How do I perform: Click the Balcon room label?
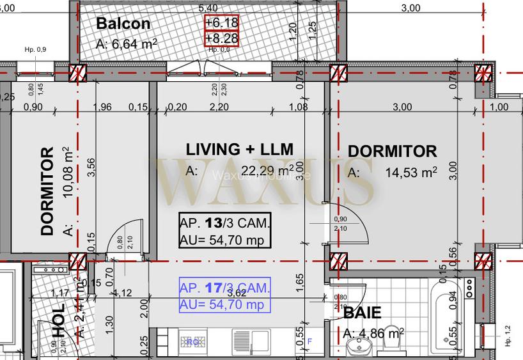tap(123, 24)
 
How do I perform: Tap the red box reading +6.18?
tap(221, 22)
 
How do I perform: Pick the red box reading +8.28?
tap(221, 39)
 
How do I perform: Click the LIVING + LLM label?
tap(239, 150)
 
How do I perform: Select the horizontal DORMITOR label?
tap(392, 152)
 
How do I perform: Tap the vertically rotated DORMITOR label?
tap(47, 191)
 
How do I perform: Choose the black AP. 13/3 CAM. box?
tap(224, 231)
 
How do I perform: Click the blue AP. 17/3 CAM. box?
tap(224, 295)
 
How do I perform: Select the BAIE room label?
tap(362, 313)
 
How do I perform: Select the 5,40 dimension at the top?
tap(208, 8)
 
